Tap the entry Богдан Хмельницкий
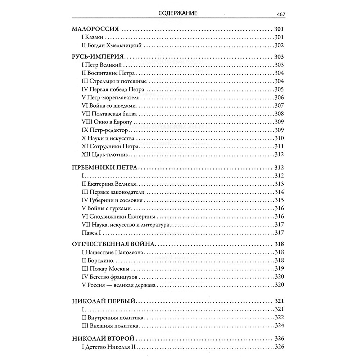(x=110, y=45)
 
